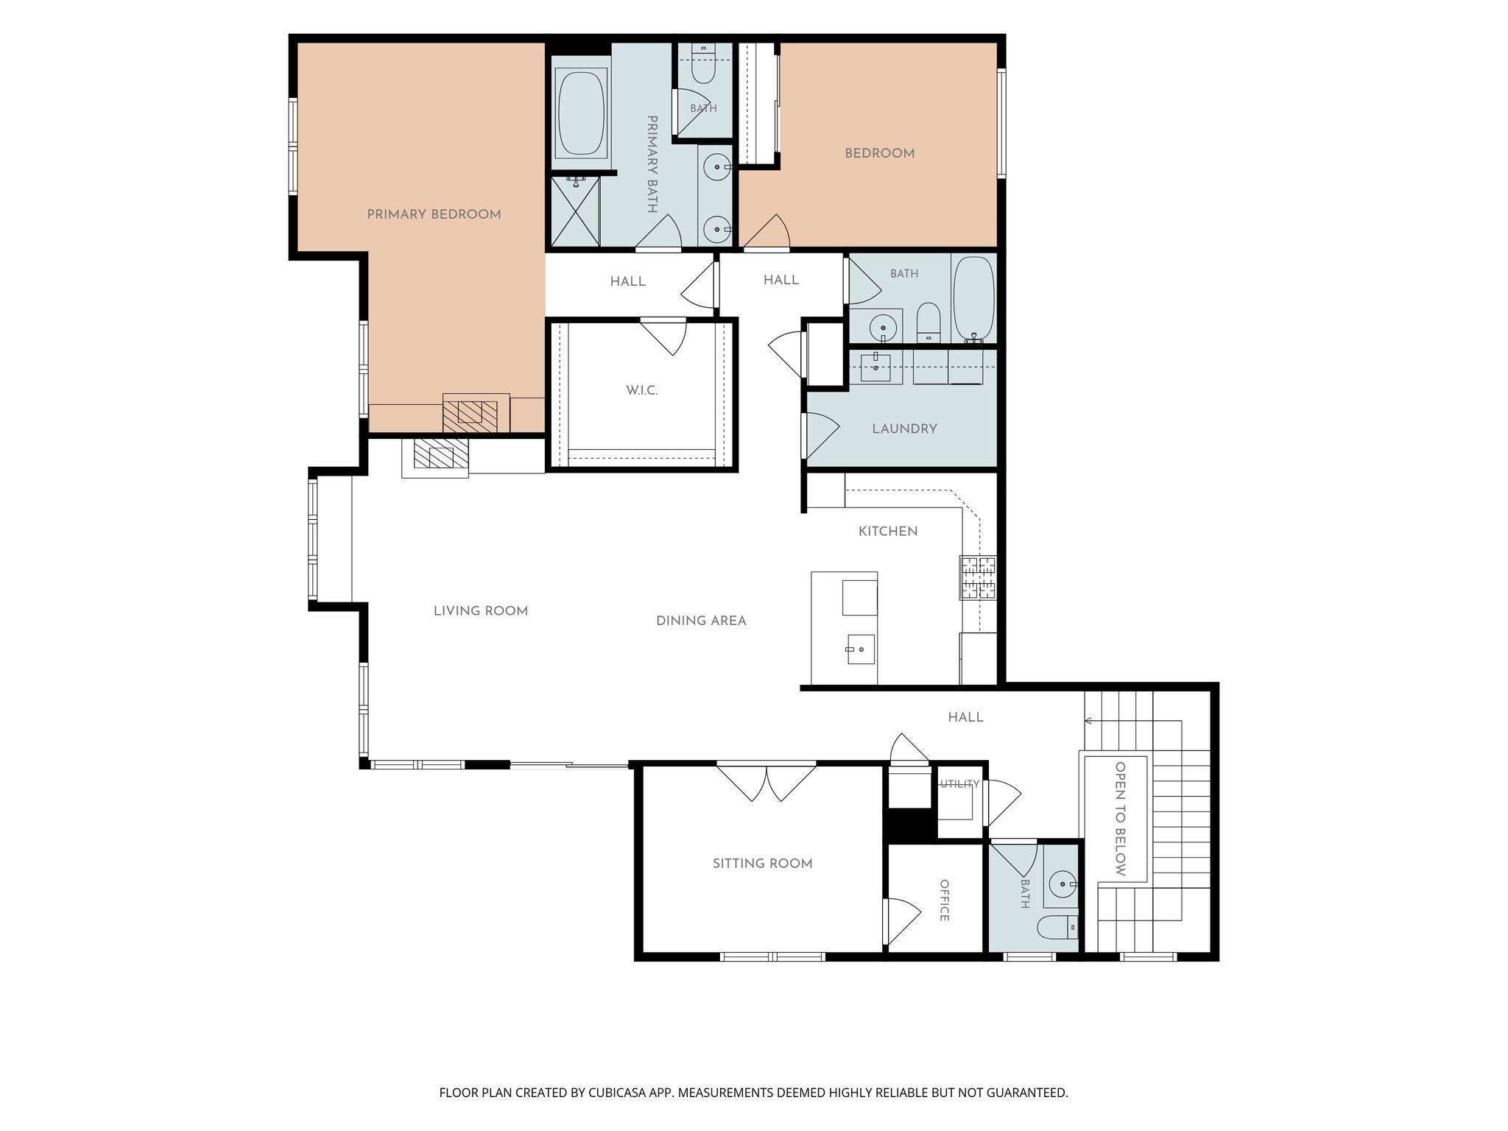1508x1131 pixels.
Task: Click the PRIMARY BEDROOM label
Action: click(x=434, y=214)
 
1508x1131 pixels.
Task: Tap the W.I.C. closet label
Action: click(x=642, y=390)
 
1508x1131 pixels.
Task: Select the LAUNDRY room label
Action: click(x=904, y=429)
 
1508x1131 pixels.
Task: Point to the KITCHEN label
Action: click(x=888, y=531)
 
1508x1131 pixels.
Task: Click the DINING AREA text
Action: click(x=701, y=621)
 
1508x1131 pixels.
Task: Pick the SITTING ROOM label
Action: click(x=762, y=863)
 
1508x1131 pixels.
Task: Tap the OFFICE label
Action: click(x=944, y=900)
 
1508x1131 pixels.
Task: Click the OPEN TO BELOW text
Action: click(x=1120, y=819)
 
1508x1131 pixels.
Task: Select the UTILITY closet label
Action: click(x=959, y=784)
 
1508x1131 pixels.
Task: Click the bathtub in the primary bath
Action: click(x=581, y=113)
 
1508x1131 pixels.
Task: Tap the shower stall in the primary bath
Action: click(x=575, y=211)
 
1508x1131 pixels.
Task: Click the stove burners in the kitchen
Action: click(x=978, y=577)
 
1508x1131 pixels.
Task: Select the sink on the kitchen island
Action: click(x=860, y=649)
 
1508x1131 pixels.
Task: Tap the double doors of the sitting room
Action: click(x=767, y=783)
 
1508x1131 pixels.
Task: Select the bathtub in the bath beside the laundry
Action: click(x=974, y=299)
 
